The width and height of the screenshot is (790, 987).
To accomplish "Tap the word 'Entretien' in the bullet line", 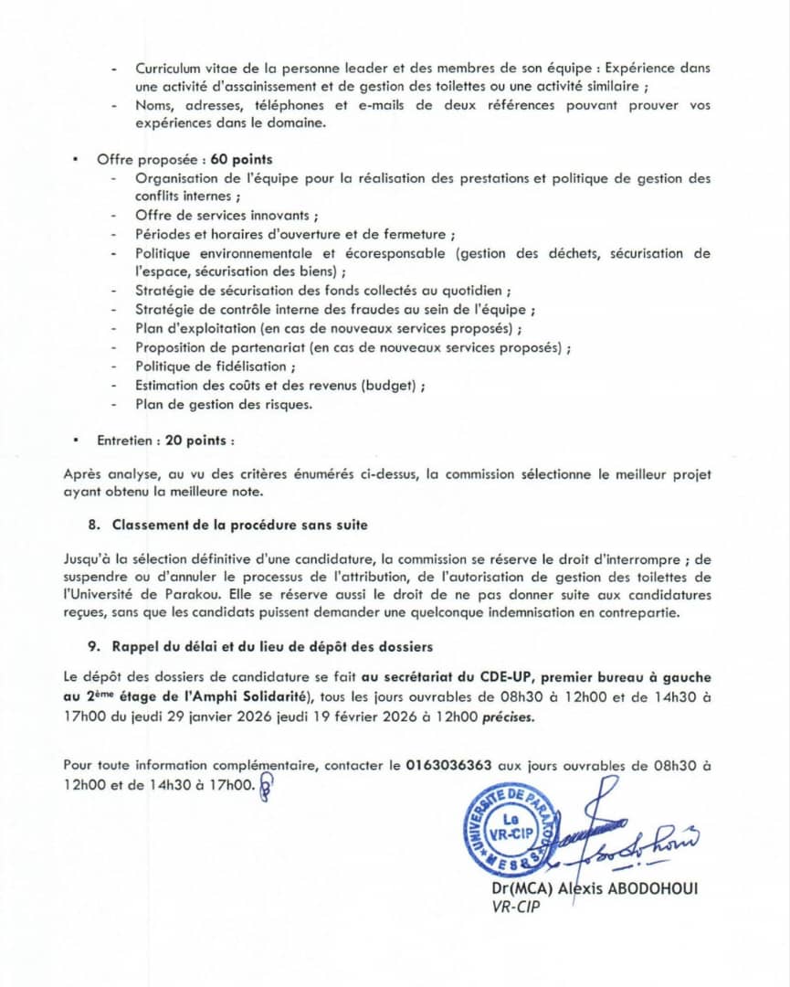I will pos(125,440).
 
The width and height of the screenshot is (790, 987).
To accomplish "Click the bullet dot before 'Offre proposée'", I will pos(75,160).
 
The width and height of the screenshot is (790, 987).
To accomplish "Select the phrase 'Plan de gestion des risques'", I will pos(223,404).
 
